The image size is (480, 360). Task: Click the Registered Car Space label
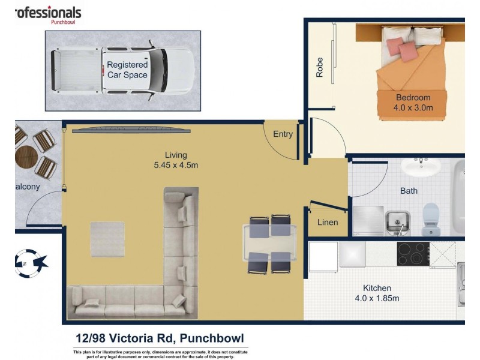pos(127,70)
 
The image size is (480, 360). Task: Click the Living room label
pos(176,154)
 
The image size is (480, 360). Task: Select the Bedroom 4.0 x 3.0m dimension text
pos(413,107)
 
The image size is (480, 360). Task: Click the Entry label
pos(283,134)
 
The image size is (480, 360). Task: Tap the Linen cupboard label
pos(327,222)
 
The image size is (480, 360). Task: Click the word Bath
pos(409,191)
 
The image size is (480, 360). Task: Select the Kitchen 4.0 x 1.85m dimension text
pos(377,298)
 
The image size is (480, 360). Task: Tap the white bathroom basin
pos(421,166)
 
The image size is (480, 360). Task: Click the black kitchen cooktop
pos(413,254)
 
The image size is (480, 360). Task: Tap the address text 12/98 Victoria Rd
pos(121,338)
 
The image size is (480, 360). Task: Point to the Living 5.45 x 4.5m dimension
pos(176,165)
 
